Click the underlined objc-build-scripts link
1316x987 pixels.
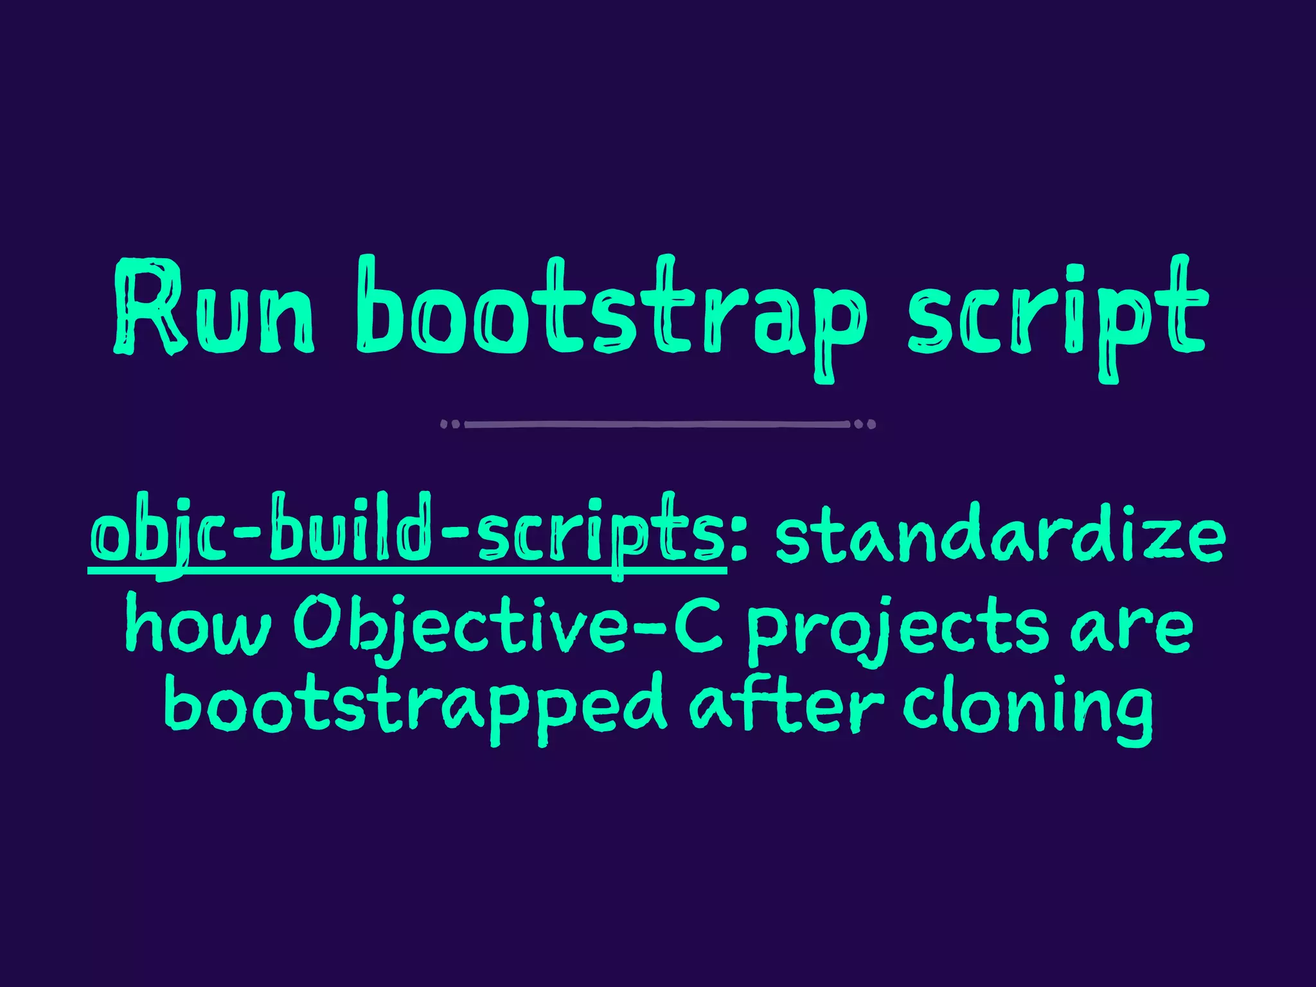407,537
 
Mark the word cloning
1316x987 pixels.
1027,707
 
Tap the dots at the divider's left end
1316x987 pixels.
450,424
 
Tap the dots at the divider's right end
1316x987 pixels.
865,424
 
